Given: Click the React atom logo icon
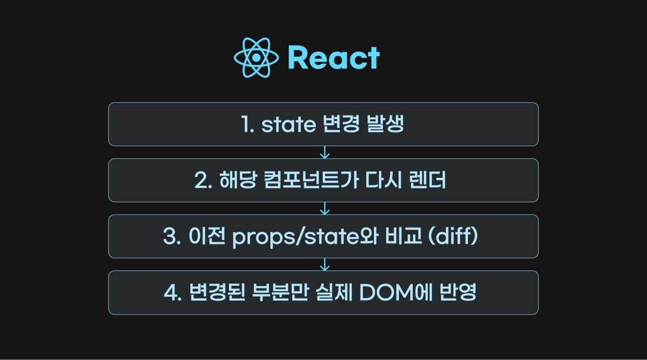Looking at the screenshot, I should point(256,58).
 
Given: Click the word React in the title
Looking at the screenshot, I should point(334,58).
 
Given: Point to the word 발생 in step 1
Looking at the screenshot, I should point(385,125).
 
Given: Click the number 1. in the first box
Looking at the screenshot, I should point(248,125).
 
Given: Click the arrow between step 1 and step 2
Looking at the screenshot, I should point(324,152).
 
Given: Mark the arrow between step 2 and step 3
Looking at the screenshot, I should point(324,208).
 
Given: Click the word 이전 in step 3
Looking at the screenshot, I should point(205,237).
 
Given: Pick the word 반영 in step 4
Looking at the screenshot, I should point(460,293).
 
